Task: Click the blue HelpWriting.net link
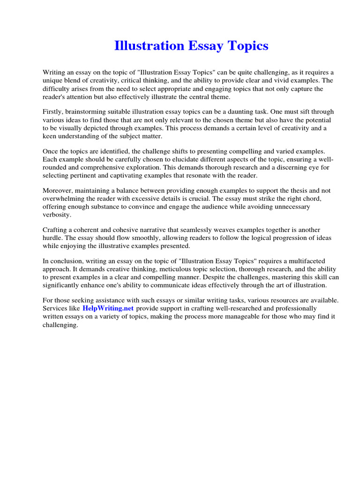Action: pyautogui.click(x=108, y=308)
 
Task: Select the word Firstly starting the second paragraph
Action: pyautogui.click(x=53, y=112)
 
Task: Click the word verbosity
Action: pyautogui.click(x=57, y=214)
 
